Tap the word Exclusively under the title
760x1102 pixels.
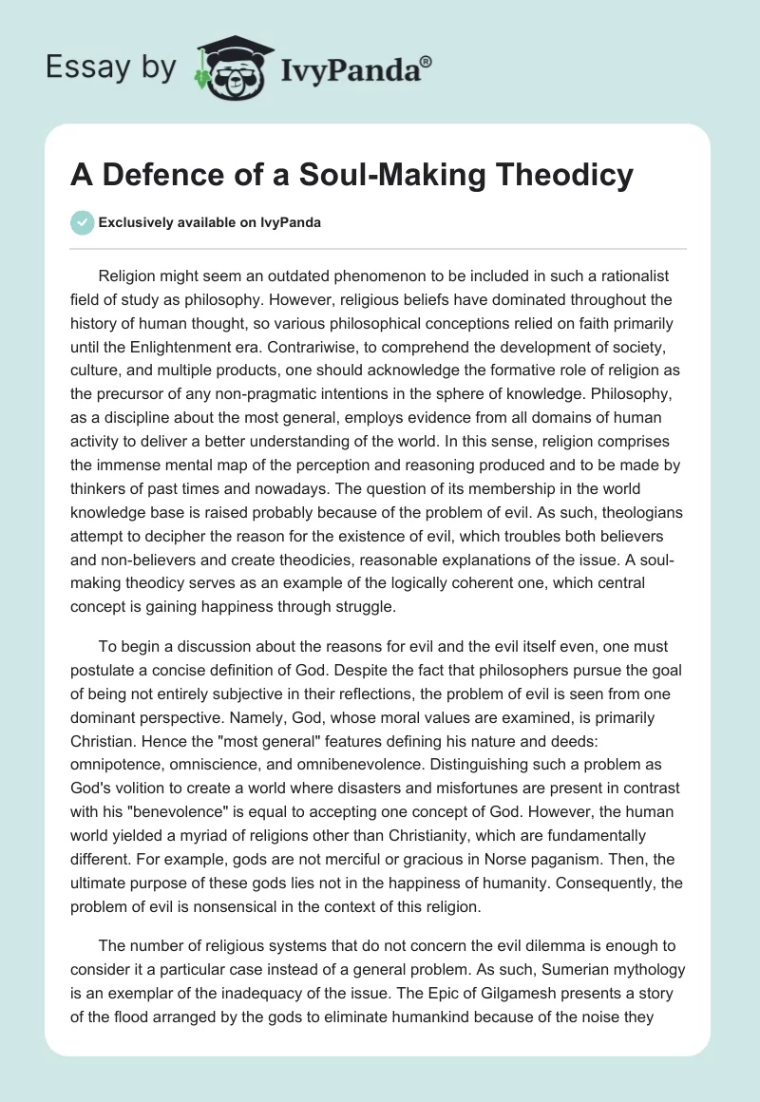coord(134,222)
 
